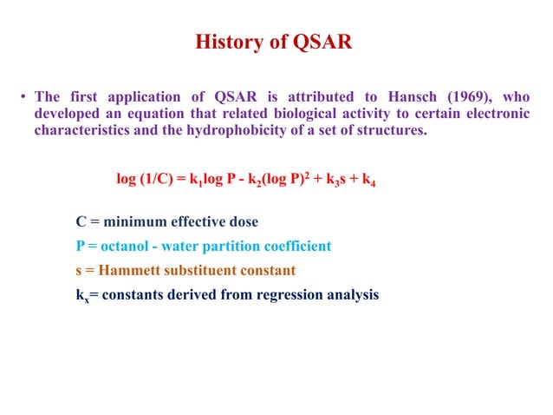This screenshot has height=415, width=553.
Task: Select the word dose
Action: (x=242, y=221)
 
